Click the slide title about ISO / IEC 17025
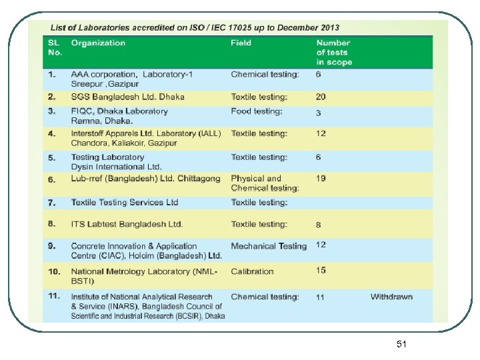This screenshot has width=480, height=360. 195,28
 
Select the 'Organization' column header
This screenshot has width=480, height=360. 98,43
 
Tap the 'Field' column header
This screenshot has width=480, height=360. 241,43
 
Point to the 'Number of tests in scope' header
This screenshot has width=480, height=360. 333,53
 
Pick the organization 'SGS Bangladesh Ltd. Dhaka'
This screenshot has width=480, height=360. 127,97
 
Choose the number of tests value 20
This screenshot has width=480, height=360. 321,97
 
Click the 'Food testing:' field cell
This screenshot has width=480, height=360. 257,111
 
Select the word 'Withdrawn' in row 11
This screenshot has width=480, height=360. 391,297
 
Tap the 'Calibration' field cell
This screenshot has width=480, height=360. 252,271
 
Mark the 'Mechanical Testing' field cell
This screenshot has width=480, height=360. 269,246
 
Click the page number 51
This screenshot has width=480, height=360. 401,344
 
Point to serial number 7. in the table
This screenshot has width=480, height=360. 52,202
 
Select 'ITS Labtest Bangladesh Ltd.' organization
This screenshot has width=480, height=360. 127,224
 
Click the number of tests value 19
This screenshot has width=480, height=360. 321,179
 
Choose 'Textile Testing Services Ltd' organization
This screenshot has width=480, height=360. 125,202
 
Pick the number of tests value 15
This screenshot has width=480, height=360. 321,270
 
